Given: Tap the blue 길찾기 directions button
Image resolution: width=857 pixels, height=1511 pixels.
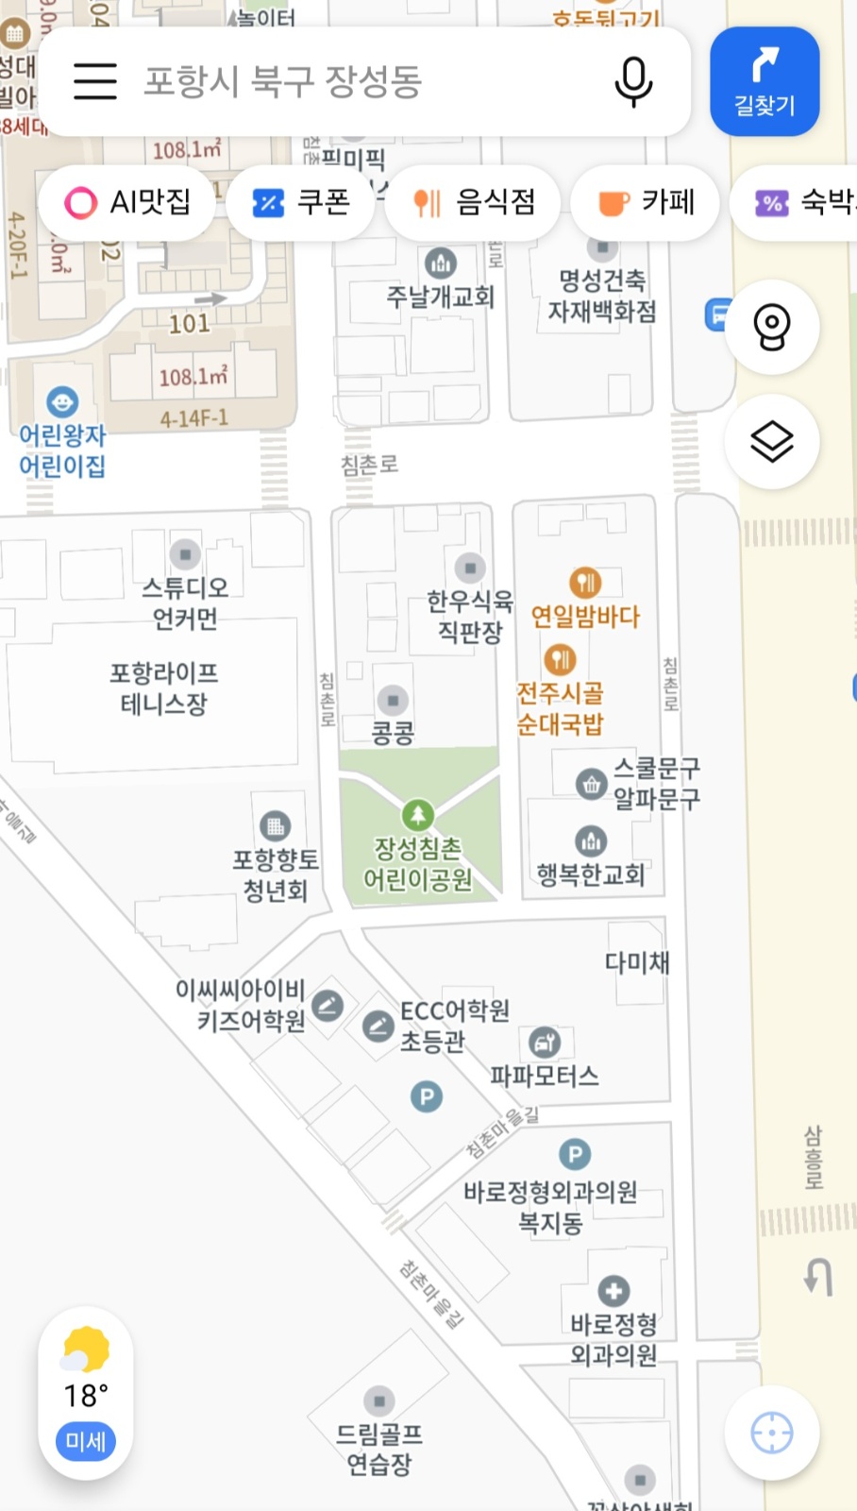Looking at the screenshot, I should (765, 81).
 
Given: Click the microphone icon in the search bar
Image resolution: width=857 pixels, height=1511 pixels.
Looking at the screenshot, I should (633, 81).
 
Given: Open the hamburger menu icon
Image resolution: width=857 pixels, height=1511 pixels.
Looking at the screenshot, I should (95, 81).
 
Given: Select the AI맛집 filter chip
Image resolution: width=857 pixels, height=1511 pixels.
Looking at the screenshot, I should (127, 202).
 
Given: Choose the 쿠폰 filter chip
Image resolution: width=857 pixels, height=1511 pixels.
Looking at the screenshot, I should (301, 202).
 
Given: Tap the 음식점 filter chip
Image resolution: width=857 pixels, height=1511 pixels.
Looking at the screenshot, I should (475, 202).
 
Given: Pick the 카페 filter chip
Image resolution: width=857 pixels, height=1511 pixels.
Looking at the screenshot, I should (647, 202).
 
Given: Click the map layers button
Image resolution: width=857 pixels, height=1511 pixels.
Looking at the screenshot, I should (772, 441).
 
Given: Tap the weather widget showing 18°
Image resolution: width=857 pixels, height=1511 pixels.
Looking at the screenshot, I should (86, 1393).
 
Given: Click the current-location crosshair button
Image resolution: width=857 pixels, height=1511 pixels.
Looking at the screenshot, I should (772, 1433).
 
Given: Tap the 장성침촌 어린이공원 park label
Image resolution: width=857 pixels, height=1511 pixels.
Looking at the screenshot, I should (418, 863).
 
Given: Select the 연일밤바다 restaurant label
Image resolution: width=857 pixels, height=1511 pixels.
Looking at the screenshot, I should (585, 617).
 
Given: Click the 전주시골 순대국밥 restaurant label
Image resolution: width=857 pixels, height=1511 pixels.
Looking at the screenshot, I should (560, 708).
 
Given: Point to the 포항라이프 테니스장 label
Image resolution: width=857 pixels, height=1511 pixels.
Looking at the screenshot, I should (164, 688).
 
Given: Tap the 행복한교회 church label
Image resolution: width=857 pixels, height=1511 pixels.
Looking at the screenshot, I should (591, 874).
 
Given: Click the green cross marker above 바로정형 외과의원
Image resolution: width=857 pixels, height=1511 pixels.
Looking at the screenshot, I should (613, 1290).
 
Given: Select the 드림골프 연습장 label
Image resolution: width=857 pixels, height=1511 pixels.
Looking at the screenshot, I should (379, 1449).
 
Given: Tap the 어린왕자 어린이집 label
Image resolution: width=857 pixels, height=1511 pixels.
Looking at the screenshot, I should (62, 450).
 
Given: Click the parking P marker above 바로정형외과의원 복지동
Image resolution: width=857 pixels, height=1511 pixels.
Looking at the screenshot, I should (575, 1154).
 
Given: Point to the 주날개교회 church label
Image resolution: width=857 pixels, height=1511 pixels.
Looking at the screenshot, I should (441, 297).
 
